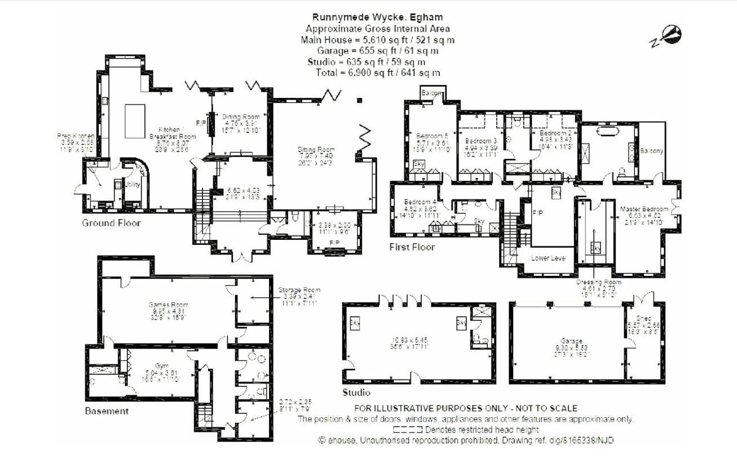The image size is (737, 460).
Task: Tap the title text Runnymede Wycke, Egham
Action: click(377, 17)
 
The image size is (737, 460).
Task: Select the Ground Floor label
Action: click(111, 223)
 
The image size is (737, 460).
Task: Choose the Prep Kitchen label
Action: click(76, 136)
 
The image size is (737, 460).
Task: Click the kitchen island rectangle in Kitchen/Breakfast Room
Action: click(133, 120)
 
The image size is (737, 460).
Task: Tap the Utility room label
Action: click(133, 184)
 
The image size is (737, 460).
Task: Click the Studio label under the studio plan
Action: click(356, 392)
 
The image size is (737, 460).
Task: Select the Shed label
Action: click(643, 318)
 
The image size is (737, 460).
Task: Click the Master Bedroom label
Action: click(643, 209)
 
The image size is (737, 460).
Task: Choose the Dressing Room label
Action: click(599, 282)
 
